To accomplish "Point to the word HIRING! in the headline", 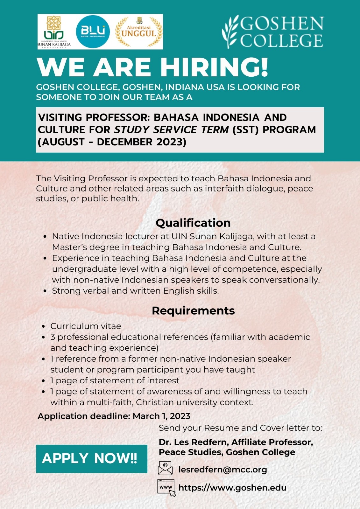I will click(214, 67).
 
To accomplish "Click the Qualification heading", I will click(193, 223).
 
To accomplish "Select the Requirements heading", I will click(193, 310).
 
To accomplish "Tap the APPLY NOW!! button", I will click(91, 458).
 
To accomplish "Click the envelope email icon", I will click(165, 469).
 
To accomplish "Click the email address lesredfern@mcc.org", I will click(223, 470).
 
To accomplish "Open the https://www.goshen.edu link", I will click(232, 488).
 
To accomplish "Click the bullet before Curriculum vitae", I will click(44, 327).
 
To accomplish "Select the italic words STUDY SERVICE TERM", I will click(171, 130).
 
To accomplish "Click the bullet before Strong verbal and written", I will click(45, 291).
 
